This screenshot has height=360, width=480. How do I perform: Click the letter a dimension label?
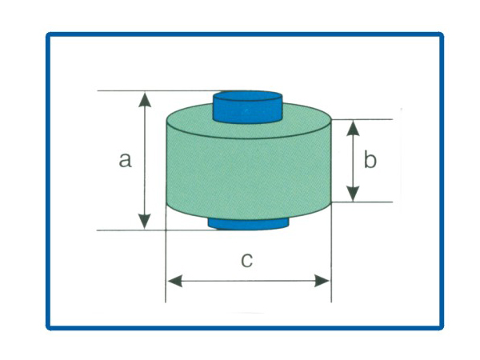(126, 160)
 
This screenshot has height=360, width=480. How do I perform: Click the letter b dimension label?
(370, 159)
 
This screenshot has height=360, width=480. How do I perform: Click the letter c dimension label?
(246, 260)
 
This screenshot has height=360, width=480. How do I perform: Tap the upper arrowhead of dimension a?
(145, 99)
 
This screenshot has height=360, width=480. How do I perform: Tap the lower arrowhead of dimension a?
(145, 222)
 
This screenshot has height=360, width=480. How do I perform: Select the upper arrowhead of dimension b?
(354, 128)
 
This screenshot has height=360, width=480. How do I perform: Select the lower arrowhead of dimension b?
(354, 194)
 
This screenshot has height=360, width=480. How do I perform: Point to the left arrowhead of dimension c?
(175, 281)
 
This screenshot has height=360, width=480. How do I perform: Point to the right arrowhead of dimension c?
(322, 281)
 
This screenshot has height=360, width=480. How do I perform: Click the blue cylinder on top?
(247, 107)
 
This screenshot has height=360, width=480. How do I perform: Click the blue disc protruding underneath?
(248, 224)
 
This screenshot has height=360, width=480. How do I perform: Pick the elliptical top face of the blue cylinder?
(247, 96)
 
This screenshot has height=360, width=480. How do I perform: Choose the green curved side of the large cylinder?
(249, 174)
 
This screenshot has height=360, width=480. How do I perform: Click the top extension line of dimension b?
(362, 119)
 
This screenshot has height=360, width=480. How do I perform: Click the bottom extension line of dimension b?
(362, 202)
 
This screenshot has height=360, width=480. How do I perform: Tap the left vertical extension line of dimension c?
(166, 254)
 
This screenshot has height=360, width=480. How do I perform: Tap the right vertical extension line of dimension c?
(331, 254)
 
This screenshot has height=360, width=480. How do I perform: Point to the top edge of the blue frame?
(245, 34)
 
